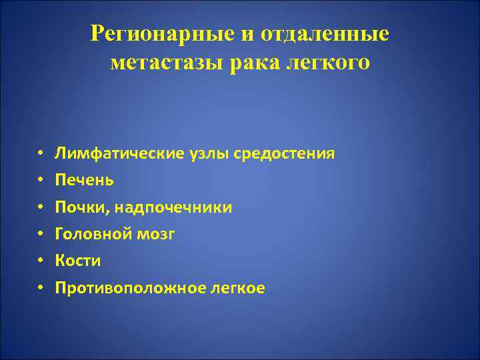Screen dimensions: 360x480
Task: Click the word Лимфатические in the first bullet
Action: [109, 154]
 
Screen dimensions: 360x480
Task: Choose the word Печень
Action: [85, 181]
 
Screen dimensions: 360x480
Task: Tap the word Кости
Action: [78, 261]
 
